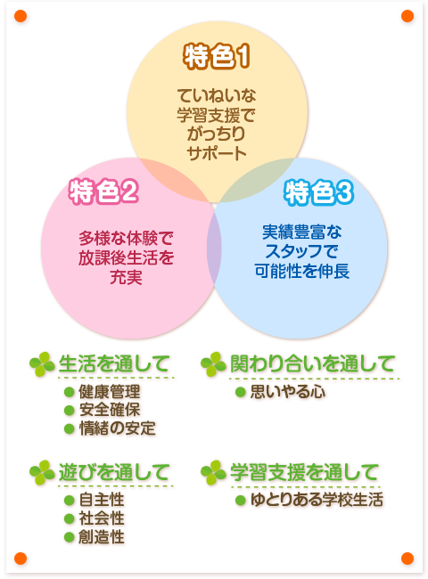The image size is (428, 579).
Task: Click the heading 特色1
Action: [x=217, y=57]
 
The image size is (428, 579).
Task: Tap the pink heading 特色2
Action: [x=103, y=192]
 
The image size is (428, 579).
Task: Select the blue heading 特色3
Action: [x=319, y=192]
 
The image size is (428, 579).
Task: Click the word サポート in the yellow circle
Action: [x=217, y=153]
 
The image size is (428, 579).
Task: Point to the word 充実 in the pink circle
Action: [x=126, y=277]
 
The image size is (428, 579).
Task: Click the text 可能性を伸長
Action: [x=302, y=271]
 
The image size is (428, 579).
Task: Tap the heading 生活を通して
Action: [x=114, y=363]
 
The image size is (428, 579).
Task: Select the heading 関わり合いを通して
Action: [x=312, y=363]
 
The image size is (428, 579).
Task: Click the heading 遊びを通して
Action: [x=114, y=472]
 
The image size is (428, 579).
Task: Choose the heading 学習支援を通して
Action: [x=304, y=472]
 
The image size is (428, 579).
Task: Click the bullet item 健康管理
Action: [x=110, y=391]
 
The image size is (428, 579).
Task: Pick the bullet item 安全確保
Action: [x=110, y=410]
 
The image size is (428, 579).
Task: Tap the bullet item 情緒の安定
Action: [x=117, y=428]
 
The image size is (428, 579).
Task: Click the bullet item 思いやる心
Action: [x=288, y=392]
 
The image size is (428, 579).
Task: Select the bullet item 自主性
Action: [x=102, y=500]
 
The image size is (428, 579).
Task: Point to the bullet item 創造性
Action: [x=102, y=537]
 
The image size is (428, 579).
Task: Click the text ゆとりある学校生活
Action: [x=317, y=500]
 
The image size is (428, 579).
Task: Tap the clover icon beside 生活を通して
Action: [x=42, y=364]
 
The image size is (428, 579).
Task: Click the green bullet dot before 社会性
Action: [x=70, y=518]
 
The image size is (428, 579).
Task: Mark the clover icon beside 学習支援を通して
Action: [x=213, y=473]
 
